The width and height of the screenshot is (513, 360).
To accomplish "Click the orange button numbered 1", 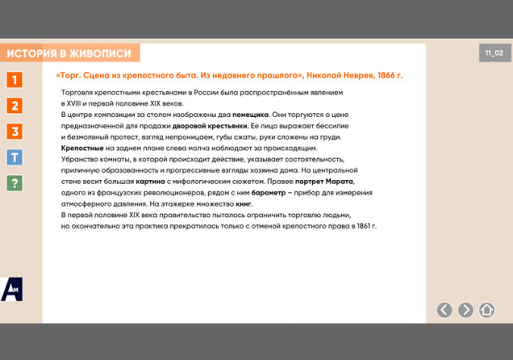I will pyautogui.click(x=15, y=80).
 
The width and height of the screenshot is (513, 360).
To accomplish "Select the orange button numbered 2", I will pyautogui.click(x=15, y=106).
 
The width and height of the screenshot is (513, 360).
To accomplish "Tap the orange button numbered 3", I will pyautogui.click(x=15, y=132).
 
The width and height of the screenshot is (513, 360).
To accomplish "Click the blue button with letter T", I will pyautogui.click(x=15, y=157).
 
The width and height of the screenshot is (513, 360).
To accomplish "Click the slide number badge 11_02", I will pyautogui.click(x=494, y=53).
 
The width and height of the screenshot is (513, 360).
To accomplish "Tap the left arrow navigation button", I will pyautogui.click(x=444, y=310).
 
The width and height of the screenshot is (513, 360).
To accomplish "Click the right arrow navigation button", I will pyautogui.click(x=465, y=310).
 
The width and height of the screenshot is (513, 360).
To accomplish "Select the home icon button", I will pyautogui.click(x=486, y=310).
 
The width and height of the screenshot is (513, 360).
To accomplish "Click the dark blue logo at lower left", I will pyautogui.click(x=11, y=289).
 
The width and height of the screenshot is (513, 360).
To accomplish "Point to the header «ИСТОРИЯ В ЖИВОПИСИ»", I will pyautogui.click(x=69, y=54).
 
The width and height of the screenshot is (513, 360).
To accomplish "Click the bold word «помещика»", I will pyautogui.click(x=251, y=115).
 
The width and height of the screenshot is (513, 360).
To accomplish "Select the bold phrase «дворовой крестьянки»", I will pyautogui.click(x=210, y=126).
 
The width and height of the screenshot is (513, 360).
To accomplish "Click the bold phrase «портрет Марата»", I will pyautogui.click(x=324, y=182).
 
